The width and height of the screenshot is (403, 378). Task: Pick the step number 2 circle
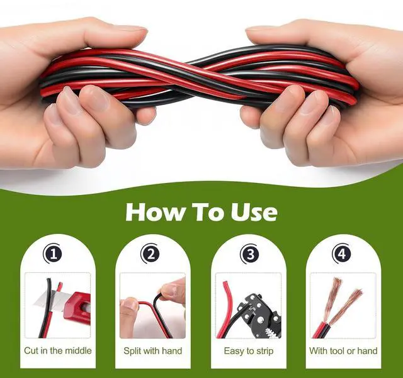150,255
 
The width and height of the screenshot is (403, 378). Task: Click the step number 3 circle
250,255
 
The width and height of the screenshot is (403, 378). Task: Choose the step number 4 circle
342,255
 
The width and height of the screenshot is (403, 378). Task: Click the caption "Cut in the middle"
57,350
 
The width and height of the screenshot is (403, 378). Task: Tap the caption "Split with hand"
152,350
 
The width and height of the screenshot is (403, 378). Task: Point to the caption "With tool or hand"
343,350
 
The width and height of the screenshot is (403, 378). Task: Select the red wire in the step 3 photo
225,308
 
